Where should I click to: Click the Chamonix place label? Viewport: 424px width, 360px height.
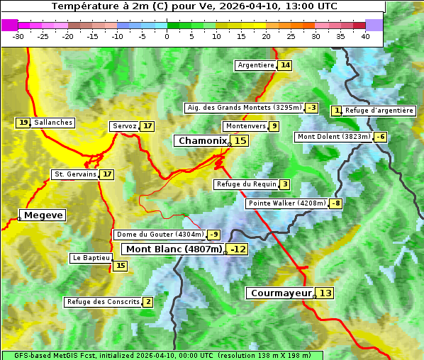pyautogui.click(x=202, y=141)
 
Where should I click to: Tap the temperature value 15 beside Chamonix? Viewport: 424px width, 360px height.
pyautogui.click(x=241, y=141)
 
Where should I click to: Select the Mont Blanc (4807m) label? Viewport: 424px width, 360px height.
pyautogui.click(x=174, y=249)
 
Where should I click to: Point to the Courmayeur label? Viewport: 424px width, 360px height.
pyautogui.click(x=281, y=293)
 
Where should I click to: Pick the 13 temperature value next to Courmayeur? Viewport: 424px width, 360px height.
pyautogui.click(x=325, y=293)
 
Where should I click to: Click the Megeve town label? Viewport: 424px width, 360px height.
pyautogui.click(x=43, y=215)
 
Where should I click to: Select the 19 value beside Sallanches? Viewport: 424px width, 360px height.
pyautogui.click(x=23, y=123)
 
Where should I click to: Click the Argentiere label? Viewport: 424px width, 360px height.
pyautogui.click(x=256, y=65)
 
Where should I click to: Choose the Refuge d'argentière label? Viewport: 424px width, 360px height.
pyautogui.click(x=379, y=111)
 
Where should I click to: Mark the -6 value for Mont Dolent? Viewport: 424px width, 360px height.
pyautogui.click(x=381, y=137)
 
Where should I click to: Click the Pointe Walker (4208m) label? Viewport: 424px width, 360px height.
pyautogui.click(x=286, y=203)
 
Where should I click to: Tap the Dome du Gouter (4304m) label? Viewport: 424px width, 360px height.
pyautogui.click(x=160, y=235)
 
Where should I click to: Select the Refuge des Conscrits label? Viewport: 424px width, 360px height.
pyautogui.click(x=103, y=302)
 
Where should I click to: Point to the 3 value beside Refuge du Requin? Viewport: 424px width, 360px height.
pyautogui.click(x=284, y=184)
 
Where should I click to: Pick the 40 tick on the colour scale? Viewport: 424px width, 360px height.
pyautogui.click(x=365, y=35)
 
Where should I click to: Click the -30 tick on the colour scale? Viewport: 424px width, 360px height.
pyautogui.click(x=18, y=35)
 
